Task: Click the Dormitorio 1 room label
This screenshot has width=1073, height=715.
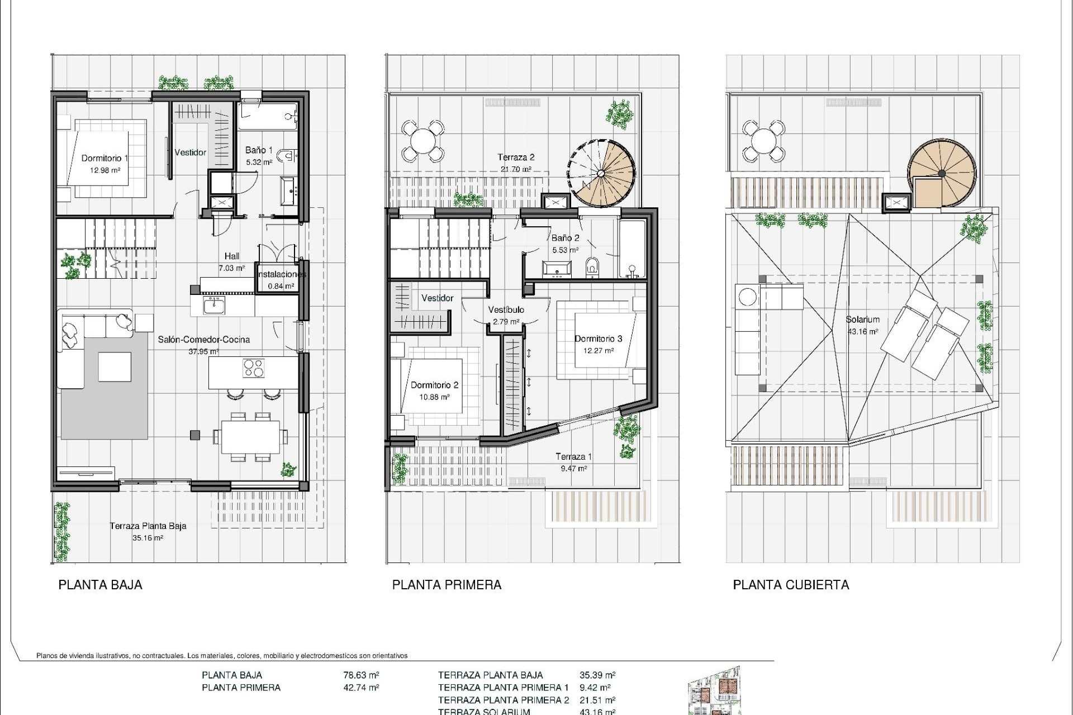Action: click(x=105, y=158)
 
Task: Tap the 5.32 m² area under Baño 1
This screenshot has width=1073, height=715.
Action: click(x=259, y=163)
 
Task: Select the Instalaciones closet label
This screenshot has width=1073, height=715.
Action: click(x=281, y=275)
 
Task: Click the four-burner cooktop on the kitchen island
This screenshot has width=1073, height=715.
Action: click(x=254, y=368)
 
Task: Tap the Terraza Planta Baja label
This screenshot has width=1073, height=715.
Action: click(x=148, y=526)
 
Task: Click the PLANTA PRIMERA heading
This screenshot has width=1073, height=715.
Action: click(x=447, y=585)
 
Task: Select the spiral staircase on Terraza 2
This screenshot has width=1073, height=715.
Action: click(x=602, y=172)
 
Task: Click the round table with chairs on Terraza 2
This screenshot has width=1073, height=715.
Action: click(x=424, y=140)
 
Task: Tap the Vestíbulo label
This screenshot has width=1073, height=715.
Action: click(x=506, y=309)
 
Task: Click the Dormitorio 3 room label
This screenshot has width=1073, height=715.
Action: click(x=598, y=339)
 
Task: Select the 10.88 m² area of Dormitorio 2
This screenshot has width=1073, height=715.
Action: click(x=434, y=397)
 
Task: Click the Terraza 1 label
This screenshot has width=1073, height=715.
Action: click(x=573, y=456)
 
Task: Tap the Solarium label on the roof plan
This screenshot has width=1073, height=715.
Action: click(x=862, y=320)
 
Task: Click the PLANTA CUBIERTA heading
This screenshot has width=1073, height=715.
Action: click(x=791, y=585)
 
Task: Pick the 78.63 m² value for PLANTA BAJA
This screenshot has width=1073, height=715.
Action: click(x=361, y=675)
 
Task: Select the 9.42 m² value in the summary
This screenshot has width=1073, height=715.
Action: click(x=595, y=688)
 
